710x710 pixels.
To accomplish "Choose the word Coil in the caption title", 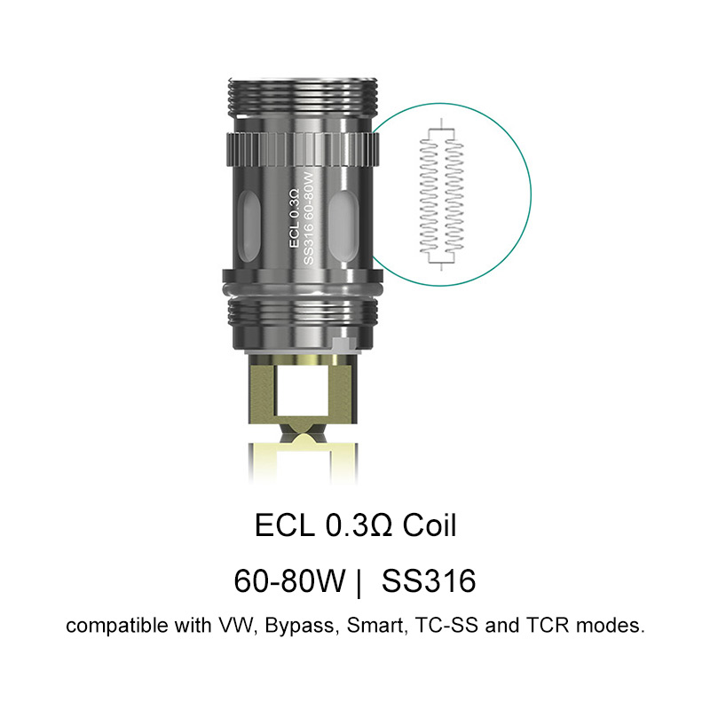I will pyautogui.click(x=430, y=525).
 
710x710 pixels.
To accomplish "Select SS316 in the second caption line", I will pyautogui.click(x=429, y=581).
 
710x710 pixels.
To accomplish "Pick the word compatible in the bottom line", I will pyautogui.click(x=110, y=627).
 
